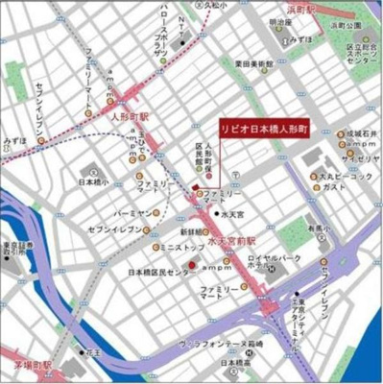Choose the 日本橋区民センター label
[x=160, y=273]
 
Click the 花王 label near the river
[x=92, y=353]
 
